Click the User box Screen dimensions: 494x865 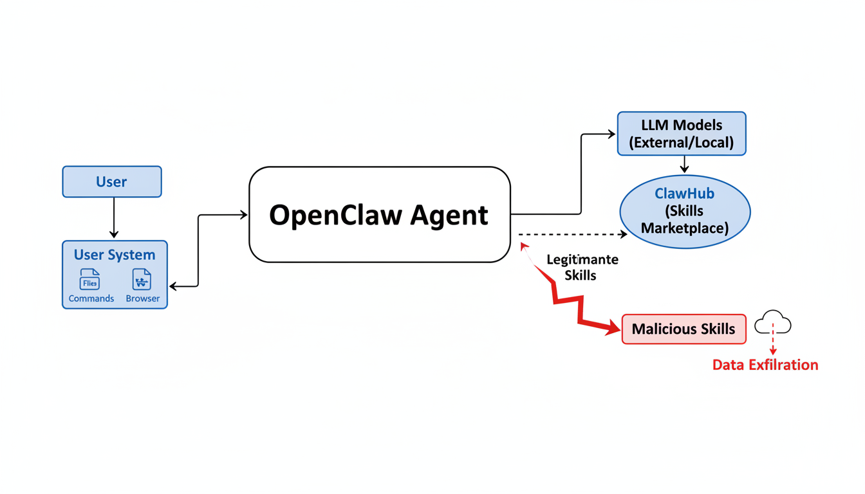click(x=112, y=182)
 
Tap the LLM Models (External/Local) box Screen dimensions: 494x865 click(x=682, y=134)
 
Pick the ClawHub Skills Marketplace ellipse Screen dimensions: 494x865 click(x=685, y=212)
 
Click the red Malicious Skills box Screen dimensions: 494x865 click(x=684, y=329)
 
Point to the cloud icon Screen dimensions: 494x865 click(x=772, y=323)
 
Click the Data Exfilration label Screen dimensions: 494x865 click(x=765, y=365)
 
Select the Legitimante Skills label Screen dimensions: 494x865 click(x=582, y=268)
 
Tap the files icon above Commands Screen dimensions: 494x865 click(x=90, y=280)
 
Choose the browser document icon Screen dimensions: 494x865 click(x=142, y=280)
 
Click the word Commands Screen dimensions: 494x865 click(x=91, y=298)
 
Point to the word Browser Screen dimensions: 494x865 click(x=143, y=298)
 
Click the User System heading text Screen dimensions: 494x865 click(x=115, y=255)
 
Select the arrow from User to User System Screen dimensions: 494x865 click(x=114, y=217)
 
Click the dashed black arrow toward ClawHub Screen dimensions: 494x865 click(x=572, y=235)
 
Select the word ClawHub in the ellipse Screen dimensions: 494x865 click(x=684, y=194)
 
